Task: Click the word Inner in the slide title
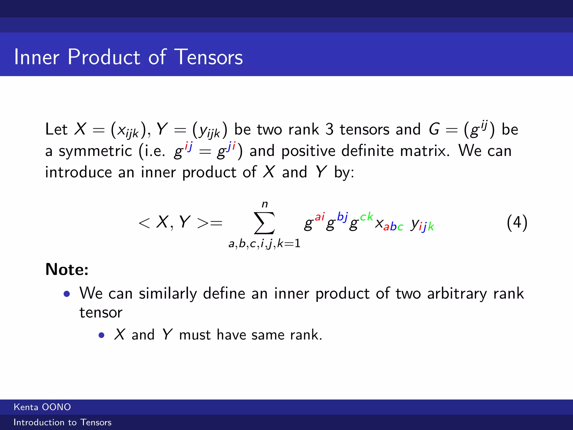coord(37,57)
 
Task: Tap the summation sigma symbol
coord(264,223)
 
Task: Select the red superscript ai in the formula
coord(320,217)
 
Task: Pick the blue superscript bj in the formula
coord(342,217)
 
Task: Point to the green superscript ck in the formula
coord(366,217)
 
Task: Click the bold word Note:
coord(67,269)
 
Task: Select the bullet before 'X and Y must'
coord(101,335)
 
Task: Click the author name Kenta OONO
coord(42,407)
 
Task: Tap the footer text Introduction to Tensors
coord(62,422)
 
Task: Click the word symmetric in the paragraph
coord(95,151)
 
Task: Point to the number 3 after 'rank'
coord(329,129)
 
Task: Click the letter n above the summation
coord(265,204)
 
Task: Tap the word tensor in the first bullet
coord(101,313)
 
